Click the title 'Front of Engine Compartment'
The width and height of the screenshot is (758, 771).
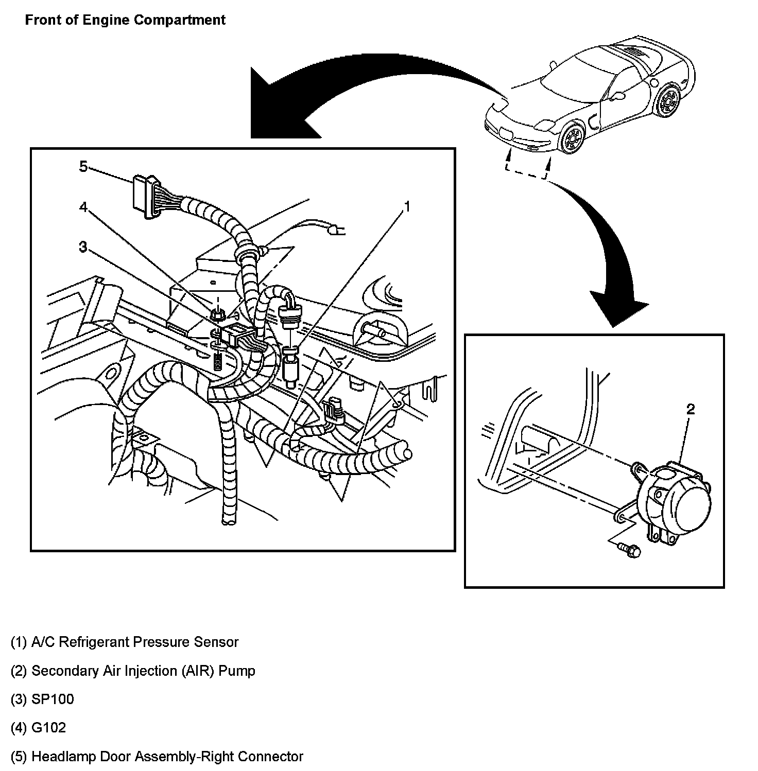coord(125,20)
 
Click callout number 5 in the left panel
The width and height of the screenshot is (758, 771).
coord(83,167)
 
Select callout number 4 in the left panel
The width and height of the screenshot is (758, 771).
coord(83,207)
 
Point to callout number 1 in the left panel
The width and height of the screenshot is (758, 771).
coord(407,207)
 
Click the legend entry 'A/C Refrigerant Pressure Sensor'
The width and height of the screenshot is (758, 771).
coord(125,642)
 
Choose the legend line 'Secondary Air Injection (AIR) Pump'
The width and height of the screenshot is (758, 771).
coord(133,671)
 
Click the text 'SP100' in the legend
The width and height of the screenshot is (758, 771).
coord(42,699)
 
